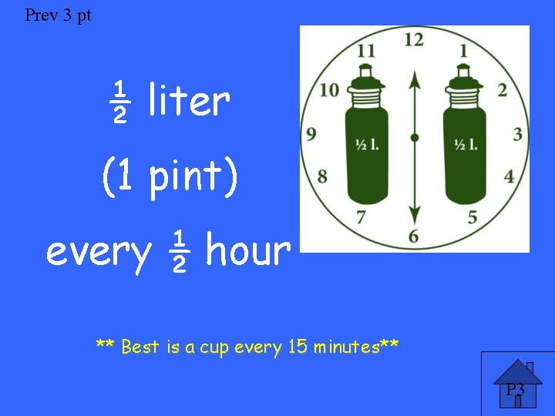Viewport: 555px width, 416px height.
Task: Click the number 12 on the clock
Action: click(414, 39)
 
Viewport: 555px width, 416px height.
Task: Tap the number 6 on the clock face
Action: click(414, 236)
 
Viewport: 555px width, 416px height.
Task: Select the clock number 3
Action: click(517, 135)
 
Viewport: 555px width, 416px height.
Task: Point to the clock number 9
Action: click(311, 135)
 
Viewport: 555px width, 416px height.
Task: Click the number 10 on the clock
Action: click(329, 90)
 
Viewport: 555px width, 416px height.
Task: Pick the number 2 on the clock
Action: click(502, 90)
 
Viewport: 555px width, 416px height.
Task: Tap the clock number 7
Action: click(361, 217)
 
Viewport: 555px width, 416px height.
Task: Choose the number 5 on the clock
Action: click(472, 217)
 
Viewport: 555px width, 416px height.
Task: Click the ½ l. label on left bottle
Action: click(366, 144)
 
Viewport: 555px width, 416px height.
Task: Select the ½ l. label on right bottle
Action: click(465, 144)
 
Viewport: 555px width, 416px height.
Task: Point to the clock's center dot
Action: click(415, 138)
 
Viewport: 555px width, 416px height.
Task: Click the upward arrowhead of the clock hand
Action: click(415, 78)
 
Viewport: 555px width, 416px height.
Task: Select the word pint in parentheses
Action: click(184, 176)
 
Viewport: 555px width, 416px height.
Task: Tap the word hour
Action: click(247, 250)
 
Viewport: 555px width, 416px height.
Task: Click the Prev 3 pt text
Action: click(58, 15)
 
